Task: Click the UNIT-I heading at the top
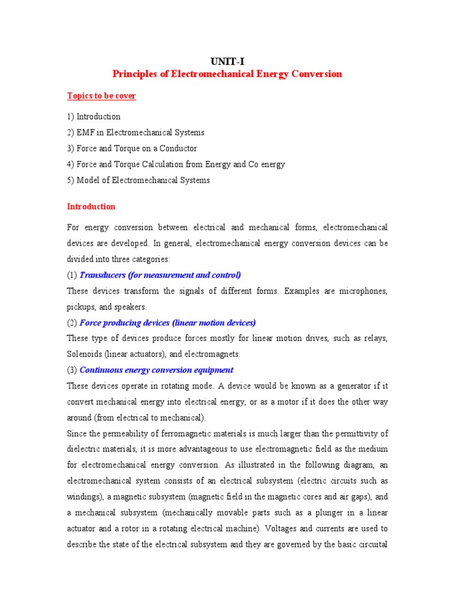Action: [227, 61]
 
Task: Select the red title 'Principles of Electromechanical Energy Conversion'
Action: [227, 74]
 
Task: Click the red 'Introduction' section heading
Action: [91, 207]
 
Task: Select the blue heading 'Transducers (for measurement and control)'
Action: [160, 275]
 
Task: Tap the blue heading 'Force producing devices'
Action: [167, 323]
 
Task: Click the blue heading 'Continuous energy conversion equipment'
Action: [156, 370]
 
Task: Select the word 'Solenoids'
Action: [85, 354]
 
